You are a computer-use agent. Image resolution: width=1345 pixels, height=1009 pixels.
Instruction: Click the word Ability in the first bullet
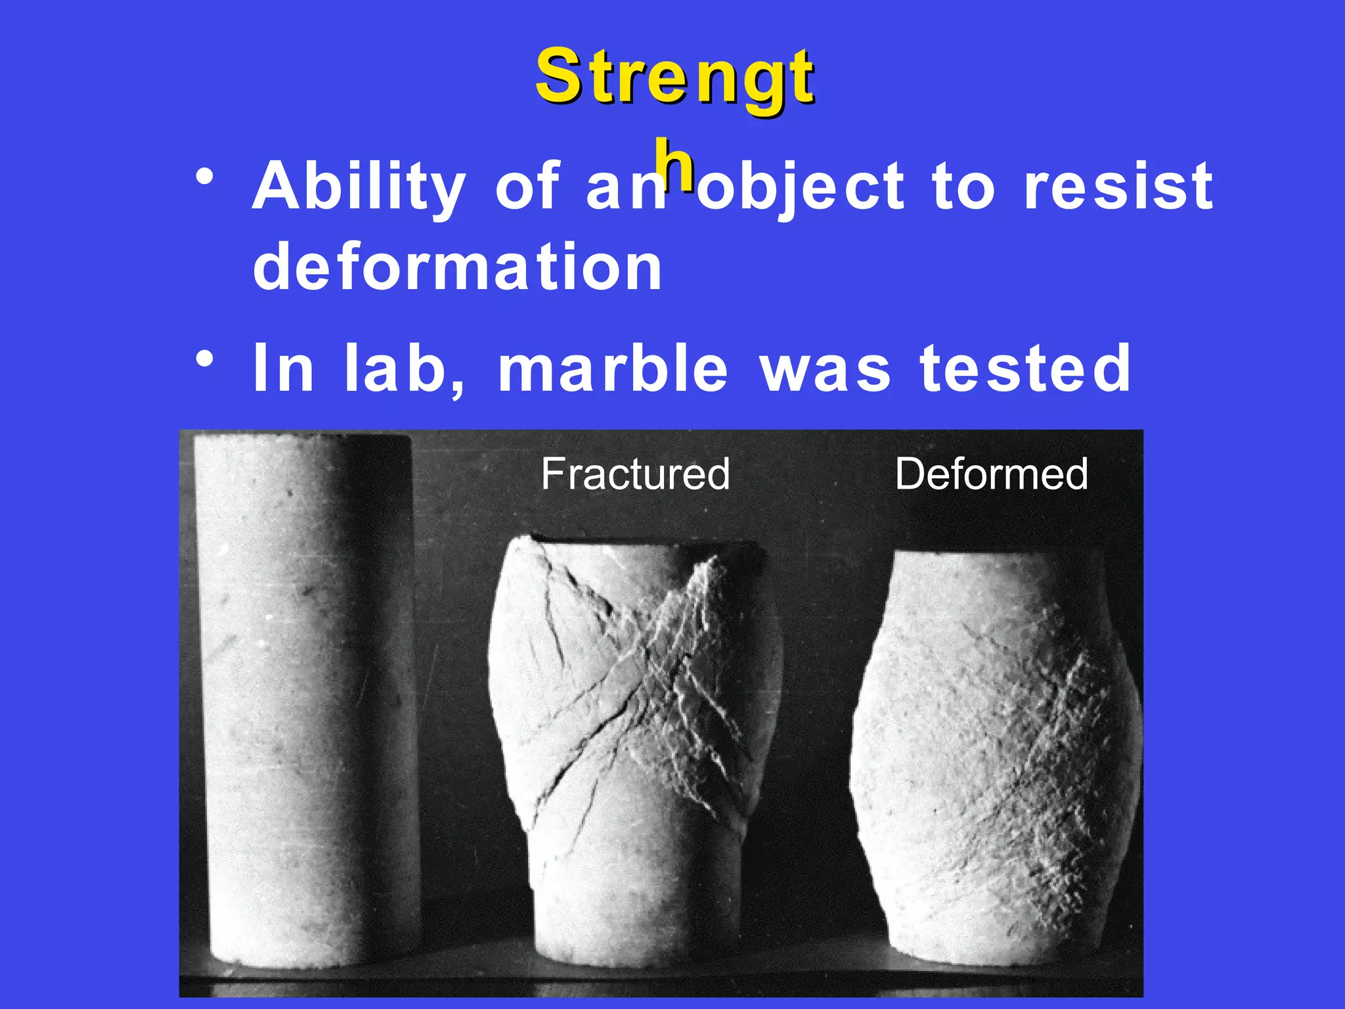point(359,187)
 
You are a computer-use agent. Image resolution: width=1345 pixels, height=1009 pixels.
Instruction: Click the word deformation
point(458,267)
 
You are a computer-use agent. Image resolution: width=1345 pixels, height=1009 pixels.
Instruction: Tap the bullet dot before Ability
point(205,178)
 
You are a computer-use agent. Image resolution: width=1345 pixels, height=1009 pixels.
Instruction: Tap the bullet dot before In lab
point(205,359)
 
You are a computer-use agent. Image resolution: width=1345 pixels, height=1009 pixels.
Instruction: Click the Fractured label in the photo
point(635,474)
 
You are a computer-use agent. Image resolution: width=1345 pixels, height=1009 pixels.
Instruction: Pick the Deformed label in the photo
point(991,474)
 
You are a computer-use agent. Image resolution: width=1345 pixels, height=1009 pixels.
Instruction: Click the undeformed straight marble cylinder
point(305,696)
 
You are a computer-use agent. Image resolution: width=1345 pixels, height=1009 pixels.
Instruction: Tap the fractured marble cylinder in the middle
point(634,742)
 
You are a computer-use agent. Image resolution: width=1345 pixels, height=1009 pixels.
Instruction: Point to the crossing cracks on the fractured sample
point(657,677)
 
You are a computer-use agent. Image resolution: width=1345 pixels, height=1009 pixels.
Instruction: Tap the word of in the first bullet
point(527,187)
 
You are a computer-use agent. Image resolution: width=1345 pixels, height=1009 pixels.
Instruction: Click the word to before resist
point(963,187)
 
